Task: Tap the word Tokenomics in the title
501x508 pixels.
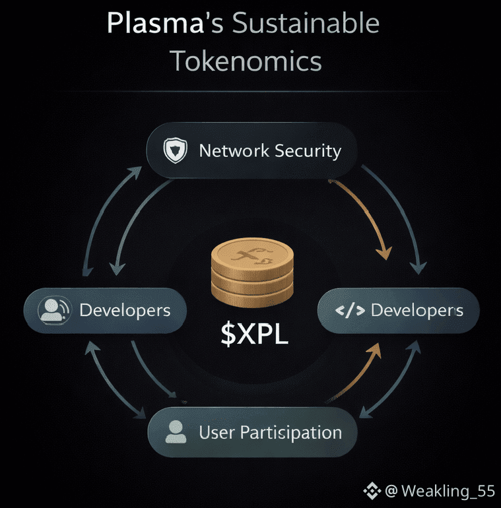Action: [x=246, y=61]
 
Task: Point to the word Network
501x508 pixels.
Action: [x=234, y=150]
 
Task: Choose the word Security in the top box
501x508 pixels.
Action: [x=308, y=150]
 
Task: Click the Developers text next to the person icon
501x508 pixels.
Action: [x=125, y=309]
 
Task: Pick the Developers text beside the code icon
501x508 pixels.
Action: [x=417, y=310]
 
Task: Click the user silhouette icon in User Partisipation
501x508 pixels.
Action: [x=175, y=433]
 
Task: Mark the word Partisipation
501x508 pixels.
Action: [x=291, y=433]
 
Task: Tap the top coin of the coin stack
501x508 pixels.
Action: [x=251, y=255]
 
